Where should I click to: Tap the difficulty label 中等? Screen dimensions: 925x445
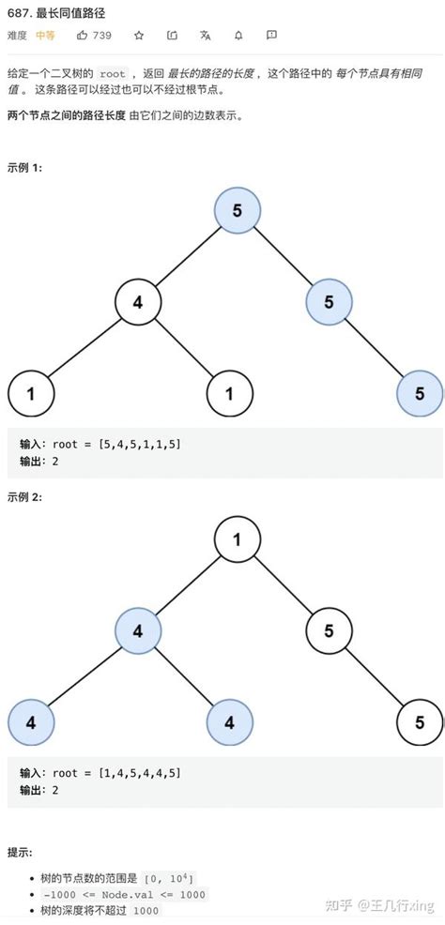(x=44, y=36)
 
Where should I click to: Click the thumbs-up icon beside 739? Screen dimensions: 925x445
(x=83, y=36)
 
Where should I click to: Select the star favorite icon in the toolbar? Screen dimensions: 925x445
(x=139, y=36)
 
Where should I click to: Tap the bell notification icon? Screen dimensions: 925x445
(x=238, y=36)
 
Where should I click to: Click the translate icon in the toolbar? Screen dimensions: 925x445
(x=205, y=36)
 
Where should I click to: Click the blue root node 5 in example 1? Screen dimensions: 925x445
(x=237, y=210)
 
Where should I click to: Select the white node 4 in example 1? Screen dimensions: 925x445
(x=137, y=302)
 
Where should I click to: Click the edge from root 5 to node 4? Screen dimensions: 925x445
(x=187, y=256)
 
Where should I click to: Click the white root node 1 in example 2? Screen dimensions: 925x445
(x=237, y=539)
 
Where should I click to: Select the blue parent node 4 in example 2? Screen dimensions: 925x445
(x=137, y=630)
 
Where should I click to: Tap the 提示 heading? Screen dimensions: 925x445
(x=19, y=853)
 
